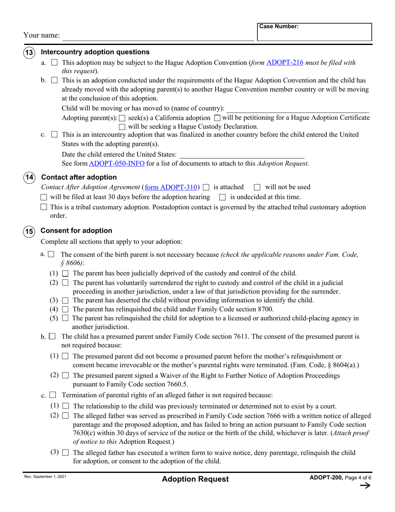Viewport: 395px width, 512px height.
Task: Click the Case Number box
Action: (x=314, y=32)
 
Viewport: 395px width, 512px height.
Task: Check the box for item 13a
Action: (x=54, y=63)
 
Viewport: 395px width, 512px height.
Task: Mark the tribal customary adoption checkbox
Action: (x=44, y=207)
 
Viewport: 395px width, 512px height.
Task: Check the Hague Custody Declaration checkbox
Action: (x=122, y=127)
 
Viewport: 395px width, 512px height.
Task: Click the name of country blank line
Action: (x=297, y=109)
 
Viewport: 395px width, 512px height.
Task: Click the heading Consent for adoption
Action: (x=77, y=231)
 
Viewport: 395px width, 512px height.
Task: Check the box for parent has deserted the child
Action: (x=65, y=301)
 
